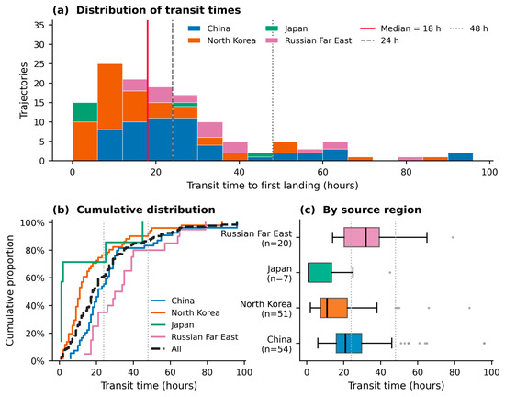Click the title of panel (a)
[147, 10]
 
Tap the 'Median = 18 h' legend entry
[400, 28]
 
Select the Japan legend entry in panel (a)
[286, 28]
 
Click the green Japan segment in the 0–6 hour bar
[85, 112]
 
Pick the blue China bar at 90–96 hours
[461, 156]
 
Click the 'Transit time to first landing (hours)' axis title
[273, 186]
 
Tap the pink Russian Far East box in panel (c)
[362, 237]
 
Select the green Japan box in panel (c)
[320, 273]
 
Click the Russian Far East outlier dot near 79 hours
[453, 237]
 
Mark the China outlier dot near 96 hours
[484, 343]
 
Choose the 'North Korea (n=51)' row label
[265, 309]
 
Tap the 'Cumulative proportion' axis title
[10, 290]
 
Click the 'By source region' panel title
[361, 210]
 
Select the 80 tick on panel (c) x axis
[454, 372]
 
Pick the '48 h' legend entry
[468, 28]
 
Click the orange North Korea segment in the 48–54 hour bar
[285, 147]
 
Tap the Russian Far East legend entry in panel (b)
[195, 337]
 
